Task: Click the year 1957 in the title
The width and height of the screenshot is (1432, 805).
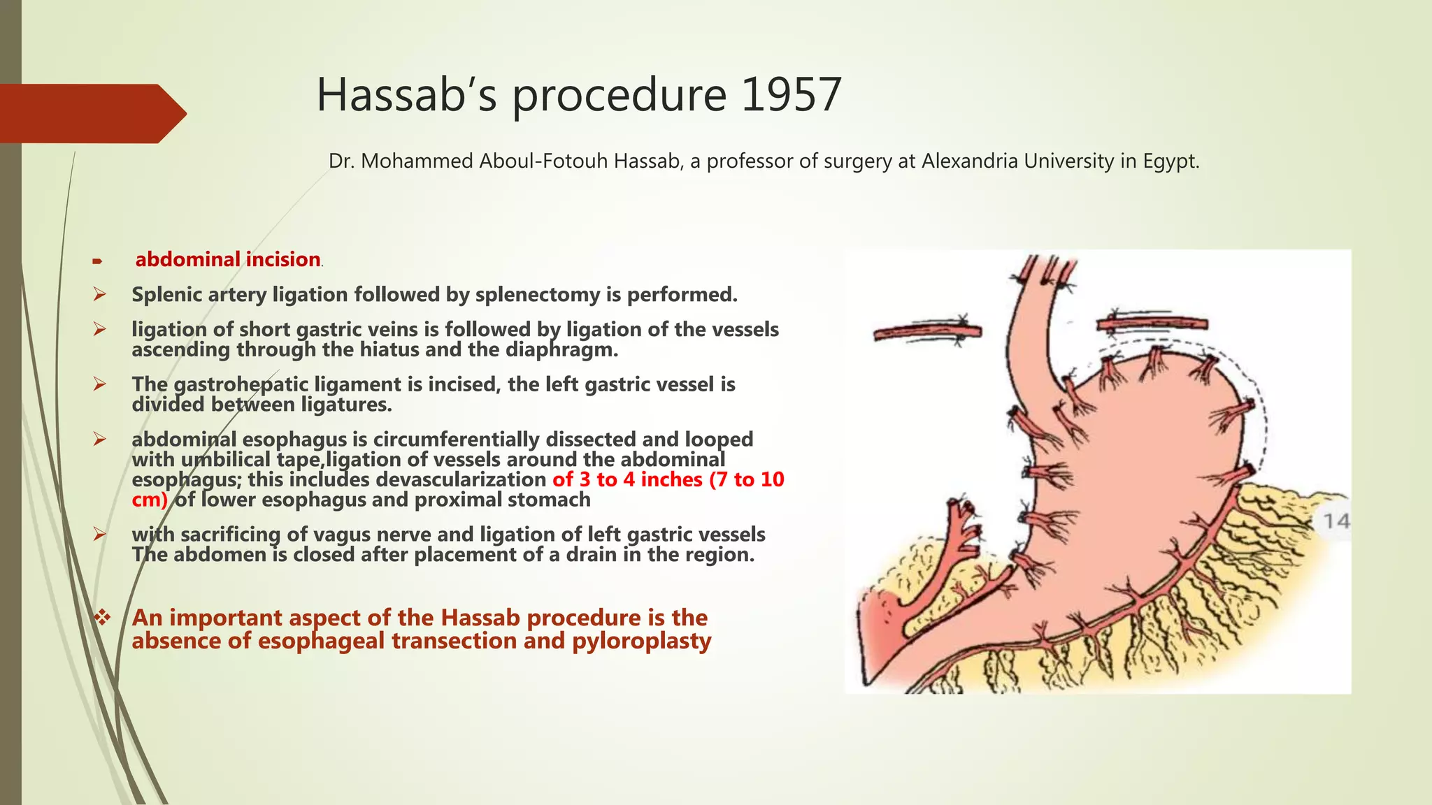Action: [791, 95]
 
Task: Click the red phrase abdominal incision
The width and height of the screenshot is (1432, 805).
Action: [227, 260]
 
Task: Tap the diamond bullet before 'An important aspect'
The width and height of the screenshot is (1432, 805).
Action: [103, 618]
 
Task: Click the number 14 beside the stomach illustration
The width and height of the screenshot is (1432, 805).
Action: [1336, 521]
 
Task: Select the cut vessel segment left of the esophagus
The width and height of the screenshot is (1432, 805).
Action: [927, 332]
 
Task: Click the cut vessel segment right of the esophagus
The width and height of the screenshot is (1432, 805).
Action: [1152, 324]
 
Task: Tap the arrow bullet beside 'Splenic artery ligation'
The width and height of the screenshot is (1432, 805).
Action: [100, 295]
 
